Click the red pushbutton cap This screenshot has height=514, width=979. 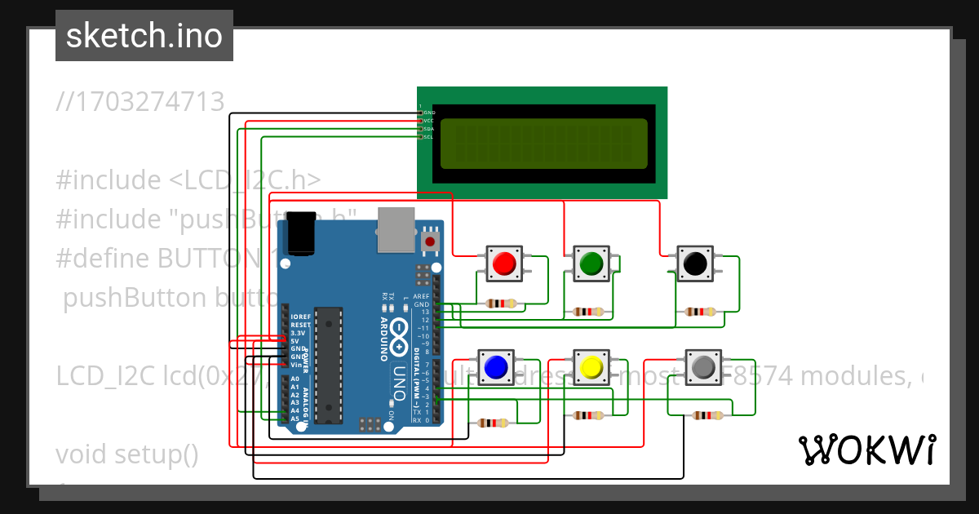(x=504, y=263)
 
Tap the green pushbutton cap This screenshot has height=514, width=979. (x=591, y=263)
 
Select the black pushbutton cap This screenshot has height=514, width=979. (x=694, y=263)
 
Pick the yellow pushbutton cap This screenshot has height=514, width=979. (x=591, y=368)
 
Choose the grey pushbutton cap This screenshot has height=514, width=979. (x=702, y=368)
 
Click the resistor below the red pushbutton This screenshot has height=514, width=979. (x=501, y=304)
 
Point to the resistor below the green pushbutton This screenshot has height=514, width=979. (x=589, y=311)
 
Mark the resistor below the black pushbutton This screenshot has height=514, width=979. (x=701, y=311)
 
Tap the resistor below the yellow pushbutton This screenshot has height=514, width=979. (x=589, y=415)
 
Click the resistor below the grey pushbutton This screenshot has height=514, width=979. (x=707, y=415)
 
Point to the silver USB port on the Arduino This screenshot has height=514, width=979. (x=396, y=228)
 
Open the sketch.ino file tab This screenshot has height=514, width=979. (x=144, y=36)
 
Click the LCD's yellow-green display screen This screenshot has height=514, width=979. (x=544, y=144)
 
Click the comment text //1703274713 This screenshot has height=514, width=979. (x=140, y=102)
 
